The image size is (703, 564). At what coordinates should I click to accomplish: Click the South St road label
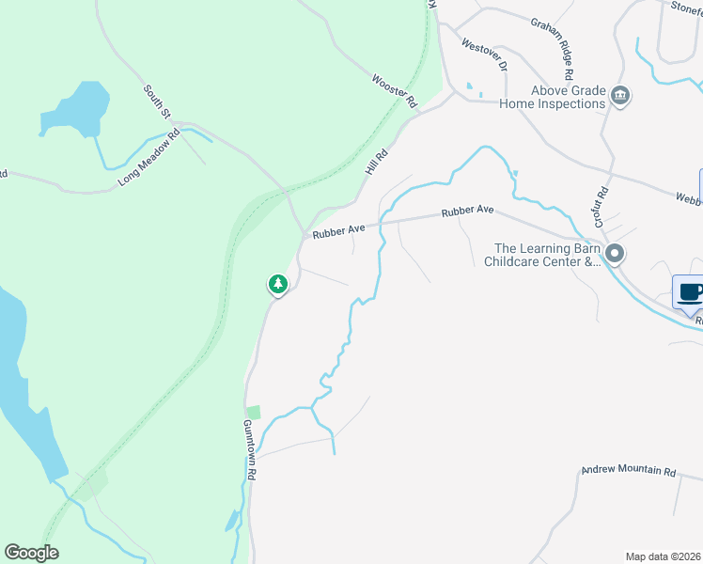click(156, 102)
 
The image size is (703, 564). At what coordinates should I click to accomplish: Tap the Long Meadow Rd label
click(148, 160)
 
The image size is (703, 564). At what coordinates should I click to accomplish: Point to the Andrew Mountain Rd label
click(629, 470)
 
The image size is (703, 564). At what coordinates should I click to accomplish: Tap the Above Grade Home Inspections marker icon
click(619, 96)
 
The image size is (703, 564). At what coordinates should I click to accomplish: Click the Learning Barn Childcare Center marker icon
click(615, 254)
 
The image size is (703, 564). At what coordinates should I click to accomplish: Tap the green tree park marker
click(277, 283)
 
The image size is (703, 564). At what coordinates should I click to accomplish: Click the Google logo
click(31, 553)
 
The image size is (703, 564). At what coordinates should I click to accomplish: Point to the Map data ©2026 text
click(663, 556)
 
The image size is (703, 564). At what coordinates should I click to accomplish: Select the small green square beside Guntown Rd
click(253, 412)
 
